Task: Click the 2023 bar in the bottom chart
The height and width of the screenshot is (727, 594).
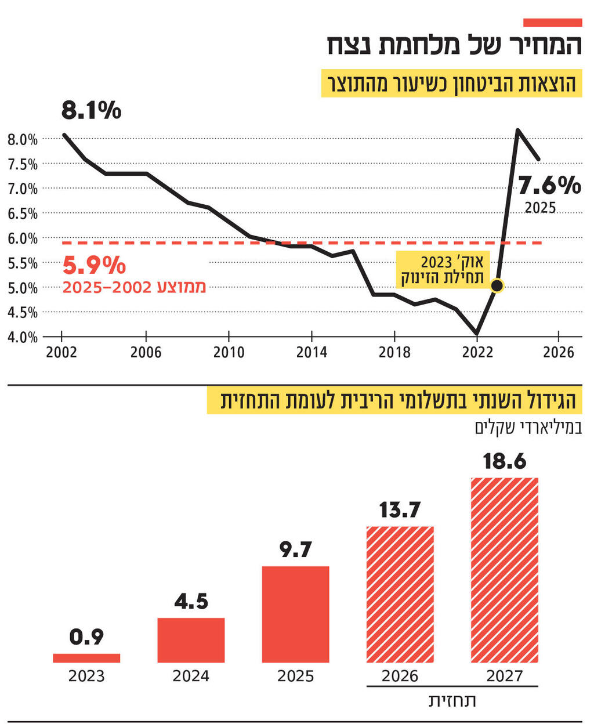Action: click(86, 658)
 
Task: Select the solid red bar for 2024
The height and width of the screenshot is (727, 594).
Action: click(191, 640)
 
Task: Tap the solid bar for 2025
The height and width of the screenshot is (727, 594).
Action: click(295, 614)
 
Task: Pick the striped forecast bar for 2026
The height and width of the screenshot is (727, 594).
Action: click(400, 594)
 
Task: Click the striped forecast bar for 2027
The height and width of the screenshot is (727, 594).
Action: click(504, 570)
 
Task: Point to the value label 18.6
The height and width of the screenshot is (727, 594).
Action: click(504, 461)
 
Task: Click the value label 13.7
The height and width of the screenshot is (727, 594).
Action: click(400, 510)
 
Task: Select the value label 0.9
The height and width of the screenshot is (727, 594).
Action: click(86, 637)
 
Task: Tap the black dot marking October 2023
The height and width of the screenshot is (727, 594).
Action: click(497, 285)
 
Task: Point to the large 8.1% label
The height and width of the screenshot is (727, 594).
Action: click(91, 110)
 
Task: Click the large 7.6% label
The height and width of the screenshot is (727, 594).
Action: click(549, 186)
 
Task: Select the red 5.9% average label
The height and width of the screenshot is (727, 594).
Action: click(94, 266)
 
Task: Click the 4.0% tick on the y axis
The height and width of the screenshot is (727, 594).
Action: click(22, 337)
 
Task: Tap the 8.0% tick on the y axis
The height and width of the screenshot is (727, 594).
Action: click(22, 139)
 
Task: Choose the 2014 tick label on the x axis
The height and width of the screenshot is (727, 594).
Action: click(312, 352)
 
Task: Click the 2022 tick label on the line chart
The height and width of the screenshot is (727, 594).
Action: click(477, 352)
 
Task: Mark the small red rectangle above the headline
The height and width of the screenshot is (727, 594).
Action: click(552, 23)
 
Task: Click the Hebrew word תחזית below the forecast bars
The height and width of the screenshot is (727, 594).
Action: click(452, 701)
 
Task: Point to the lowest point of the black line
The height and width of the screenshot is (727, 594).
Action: click(477, 334)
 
